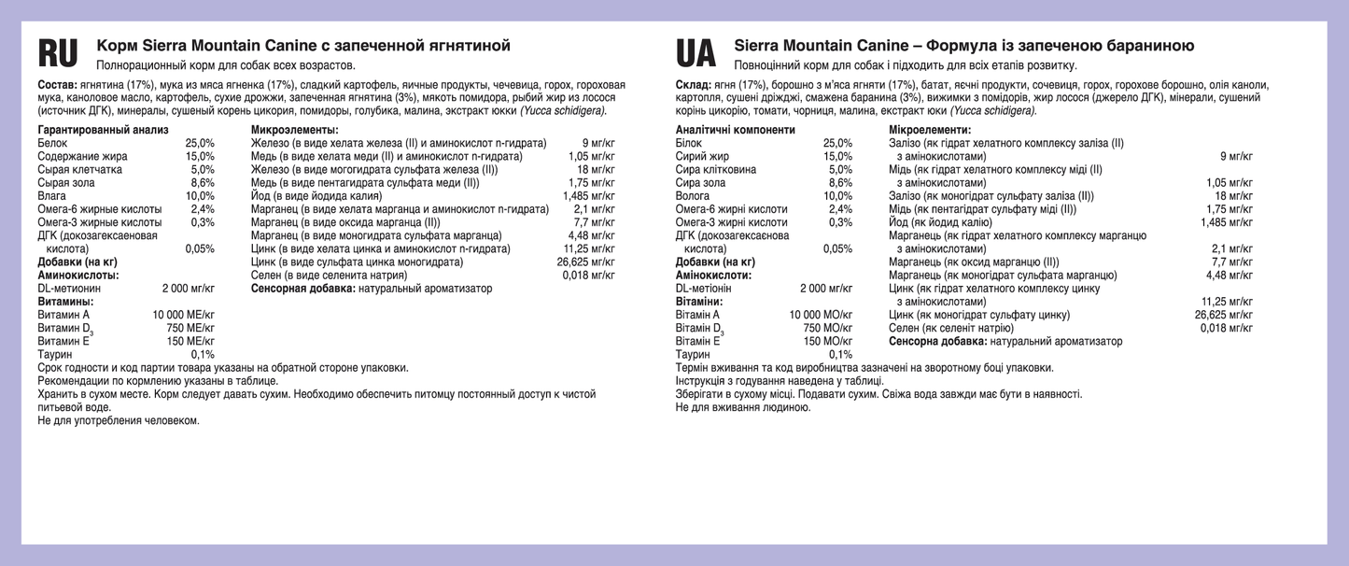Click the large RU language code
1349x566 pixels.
(58, 54)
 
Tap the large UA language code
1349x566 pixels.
(696, 54)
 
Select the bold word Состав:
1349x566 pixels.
(56, 85)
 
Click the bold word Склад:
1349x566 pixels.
(693, 85)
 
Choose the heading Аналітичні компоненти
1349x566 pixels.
(735, 130)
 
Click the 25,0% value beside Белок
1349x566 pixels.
(200, 143)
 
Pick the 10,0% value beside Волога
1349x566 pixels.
(837, 196)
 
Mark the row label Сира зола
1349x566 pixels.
(700, 183)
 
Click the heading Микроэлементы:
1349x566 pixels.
(294, 130)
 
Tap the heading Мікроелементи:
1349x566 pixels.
(929, 130)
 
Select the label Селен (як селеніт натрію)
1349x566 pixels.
(950, 329)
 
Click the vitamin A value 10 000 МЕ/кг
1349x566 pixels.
(183, 315)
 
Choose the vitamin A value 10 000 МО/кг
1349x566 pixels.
(821, 315)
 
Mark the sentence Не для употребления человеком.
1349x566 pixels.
(119, 420)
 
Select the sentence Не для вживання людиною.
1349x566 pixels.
(742, 407)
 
